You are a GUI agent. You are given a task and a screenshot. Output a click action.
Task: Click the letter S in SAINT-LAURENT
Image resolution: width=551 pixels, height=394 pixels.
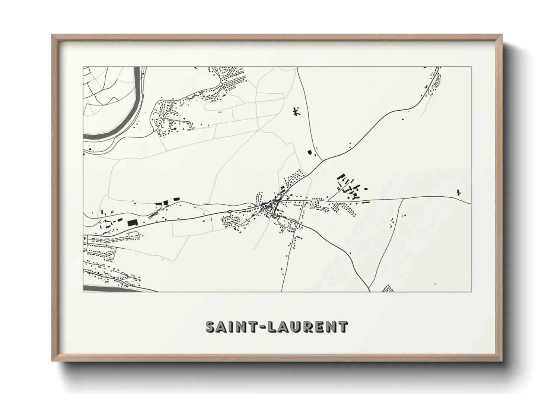coord(211,327)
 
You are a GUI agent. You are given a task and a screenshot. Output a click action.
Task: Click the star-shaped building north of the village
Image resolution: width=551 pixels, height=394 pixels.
coord(296,111)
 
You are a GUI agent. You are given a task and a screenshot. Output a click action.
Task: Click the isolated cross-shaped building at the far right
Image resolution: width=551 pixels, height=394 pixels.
coord(458,193)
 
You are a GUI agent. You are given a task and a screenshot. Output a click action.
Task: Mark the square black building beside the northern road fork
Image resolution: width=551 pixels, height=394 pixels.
coord(309,152)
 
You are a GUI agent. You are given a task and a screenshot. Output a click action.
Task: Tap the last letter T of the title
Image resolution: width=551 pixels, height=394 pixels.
coord(343,327)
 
